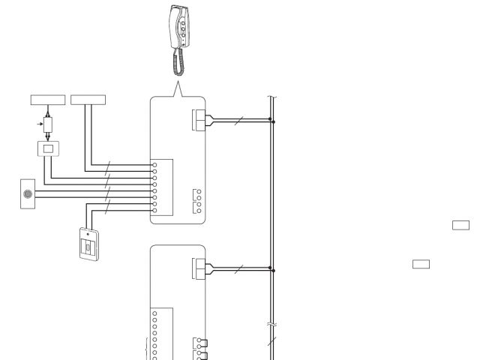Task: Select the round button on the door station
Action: click(x=28, y=193)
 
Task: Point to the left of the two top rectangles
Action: click(x=47, y=99)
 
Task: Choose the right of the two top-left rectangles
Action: click(x=88, y=99)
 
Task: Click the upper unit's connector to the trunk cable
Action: click(x=199, y=119)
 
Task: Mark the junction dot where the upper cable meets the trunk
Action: click(x=272, y=119)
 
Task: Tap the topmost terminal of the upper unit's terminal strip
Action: click(x=154, y=163)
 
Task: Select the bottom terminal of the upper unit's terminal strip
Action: click(x=154, y=210)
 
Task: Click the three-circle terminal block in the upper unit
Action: click(x=198, y=200)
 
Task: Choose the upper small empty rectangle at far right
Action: click(x=460, y=224)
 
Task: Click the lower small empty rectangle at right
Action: click(x=421, y=263)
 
